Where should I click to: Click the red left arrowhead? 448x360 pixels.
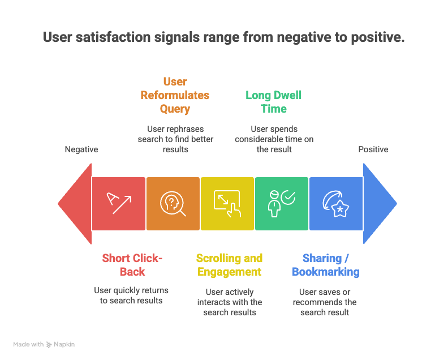coord(76,204)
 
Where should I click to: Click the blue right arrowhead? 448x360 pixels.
coord(378,204)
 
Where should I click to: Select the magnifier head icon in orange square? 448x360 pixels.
coord(173,204)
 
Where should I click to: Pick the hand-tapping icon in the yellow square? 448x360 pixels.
coord(227,204)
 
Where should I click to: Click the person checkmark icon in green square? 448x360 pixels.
coord(281,204)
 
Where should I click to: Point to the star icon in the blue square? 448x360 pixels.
coord(335,204)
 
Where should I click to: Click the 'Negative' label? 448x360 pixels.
coord(81,149)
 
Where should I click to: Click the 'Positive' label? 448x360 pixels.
coord(373,149)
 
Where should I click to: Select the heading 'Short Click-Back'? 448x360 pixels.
coord(132,265)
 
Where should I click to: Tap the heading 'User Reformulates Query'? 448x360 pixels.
coord(175,95)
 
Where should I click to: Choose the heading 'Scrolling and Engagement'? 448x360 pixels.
coord(229,265)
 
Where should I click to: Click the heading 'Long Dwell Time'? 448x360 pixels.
coord(274,102)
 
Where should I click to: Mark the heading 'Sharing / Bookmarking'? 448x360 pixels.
coord(326,265)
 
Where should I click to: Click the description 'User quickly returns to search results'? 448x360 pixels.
coord(131,295)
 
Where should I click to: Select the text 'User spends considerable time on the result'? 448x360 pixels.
coord(274,139)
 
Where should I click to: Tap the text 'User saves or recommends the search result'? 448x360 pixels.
coord(325,302)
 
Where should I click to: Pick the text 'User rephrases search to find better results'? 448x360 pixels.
coord(174,139)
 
